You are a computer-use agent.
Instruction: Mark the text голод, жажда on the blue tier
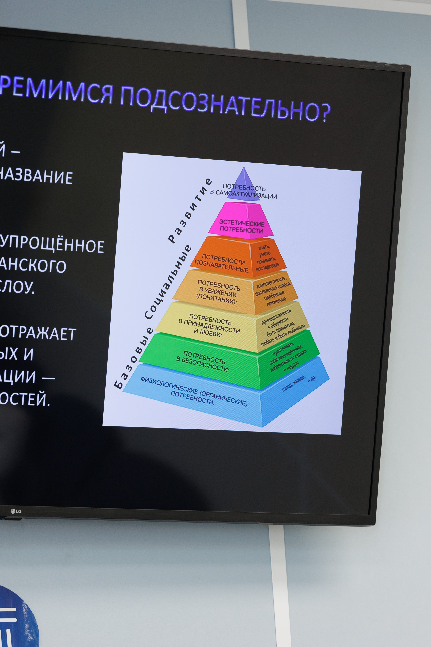click(x=293, y=383)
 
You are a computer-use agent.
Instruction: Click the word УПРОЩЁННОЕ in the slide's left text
click(x=52, y=244)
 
